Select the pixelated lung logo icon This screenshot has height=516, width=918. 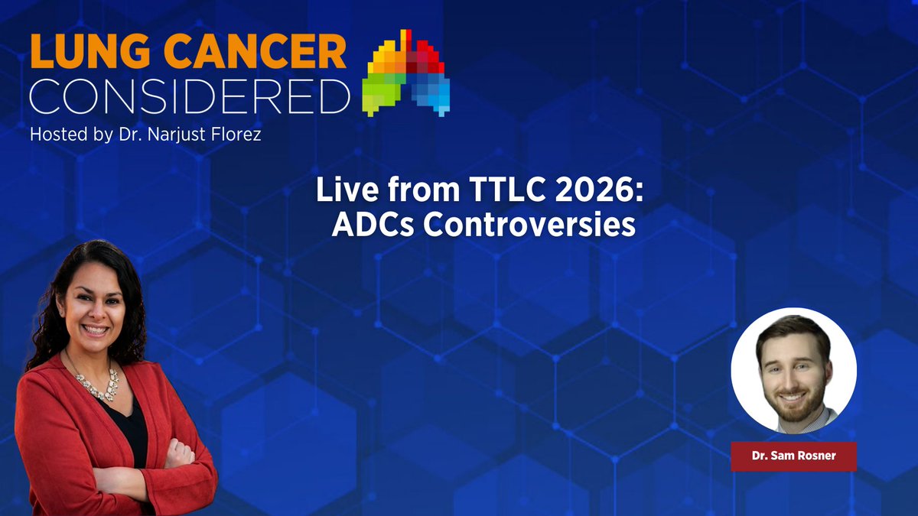(x=408, y=73)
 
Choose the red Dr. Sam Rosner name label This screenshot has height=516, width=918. (x=793, y=456)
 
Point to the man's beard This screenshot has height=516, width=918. (x=794, y=398)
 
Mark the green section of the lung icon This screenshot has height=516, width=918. (x=382, y=96)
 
